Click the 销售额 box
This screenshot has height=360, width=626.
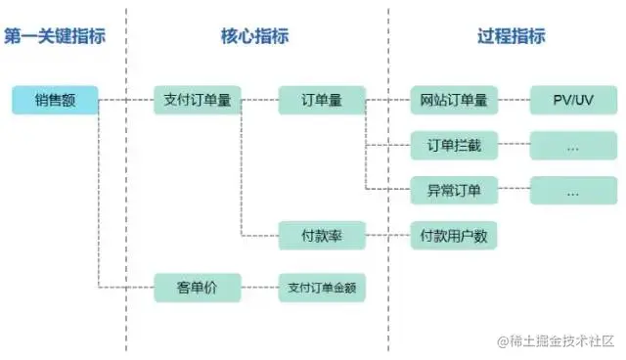(x=56, y=100)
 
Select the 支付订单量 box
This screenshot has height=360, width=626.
(x=197, y=100)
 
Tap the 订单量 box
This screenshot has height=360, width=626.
(x=322, y=100)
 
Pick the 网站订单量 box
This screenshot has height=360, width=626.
(x=454, y=100)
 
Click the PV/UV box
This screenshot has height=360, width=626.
(x=573, y=100)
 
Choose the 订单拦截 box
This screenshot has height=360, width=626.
(x=454, y=146)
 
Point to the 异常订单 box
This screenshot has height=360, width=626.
(x=454, y=191)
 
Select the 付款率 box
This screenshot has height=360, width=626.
(x=322, y=236)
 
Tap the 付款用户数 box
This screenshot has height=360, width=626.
(x=454, y=236)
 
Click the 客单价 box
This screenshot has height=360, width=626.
(x=197, y=288)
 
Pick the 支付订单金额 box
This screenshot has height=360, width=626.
(x=322, y=288)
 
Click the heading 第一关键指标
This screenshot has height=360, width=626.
(x=55, y=36)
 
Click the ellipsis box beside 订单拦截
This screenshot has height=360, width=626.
(x=573, y=146)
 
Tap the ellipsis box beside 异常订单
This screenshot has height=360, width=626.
(x=573, y=191)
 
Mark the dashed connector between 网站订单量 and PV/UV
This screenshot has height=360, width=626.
(x=514, y=100)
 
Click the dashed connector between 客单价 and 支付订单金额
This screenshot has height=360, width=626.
(x=259, y=288)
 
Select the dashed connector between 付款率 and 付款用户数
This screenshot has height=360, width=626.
(x=388, y=236)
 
